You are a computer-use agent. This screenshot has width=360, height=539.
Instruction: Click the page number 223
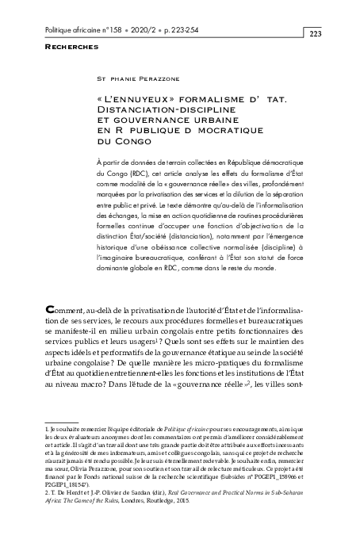314,33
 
